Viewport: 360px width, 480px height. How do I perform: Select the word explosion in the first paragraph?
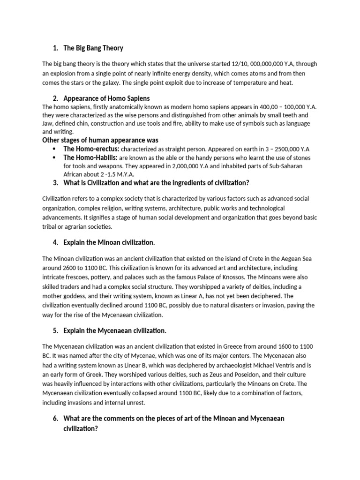pyautogui.click(x=64, y=73)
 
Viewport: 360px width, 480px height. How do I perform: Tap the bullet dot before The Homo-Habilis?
pyautogui.click(x=55, y=157)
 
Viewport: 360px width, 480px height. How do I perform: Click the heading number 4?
pyautogui.click(x=55, y=242)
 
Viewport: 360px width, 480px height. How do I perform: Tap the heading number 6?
pyautogui.click(x=55, y=419)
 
